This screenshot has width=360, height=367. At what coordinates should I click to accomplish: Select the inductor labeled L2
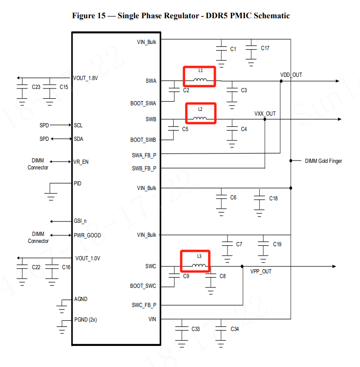click(x=200, y=118)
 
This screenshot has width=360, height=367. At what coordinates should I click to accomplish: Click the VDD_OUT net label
click(x=291, y=74)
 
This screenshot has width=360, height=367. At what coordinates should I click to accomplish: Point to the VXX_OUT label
click(x=265, y=113)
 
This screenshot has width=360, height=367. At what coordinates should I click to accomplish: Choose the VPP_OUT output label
click(x=261, y=271)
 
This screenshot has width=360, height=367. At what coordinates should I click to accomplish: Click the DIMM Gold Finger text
click(x=323, y=161)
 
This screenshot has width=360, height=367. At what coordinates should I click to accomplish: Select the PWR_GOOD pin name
click(x=87, y=235)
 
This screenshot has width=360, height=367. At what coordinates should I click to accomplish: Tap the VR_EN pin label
click(x=81, y=162)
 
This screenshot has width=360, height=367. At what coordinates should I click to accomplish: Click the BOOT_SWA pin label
click(x=143, y=103)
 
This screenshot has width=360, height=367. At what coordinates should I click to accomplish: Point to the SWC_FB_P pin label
click(x=144, y=305)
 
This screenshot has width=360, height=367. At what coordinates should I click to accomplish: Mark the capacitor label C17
click(x=265, y=48)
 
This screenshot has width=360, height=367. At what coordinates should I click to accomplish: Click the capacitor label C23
click(x=36, y=87)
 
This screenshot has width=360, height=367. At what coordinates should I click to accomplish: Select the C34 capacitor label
click(x=235, y=329)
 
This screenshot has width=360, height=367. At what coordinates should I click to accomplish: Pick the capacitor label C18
click(x=273, y=198)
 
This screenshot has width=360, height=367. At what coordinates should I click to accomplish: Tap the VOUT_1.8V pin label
click(x=86, y=78)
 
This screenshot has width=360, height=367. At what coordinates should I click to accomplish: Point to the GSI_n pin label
click(x=81, y=221)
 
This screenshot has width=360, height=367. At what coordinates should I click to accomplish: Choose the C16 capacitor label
click(x=66, y=267)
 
